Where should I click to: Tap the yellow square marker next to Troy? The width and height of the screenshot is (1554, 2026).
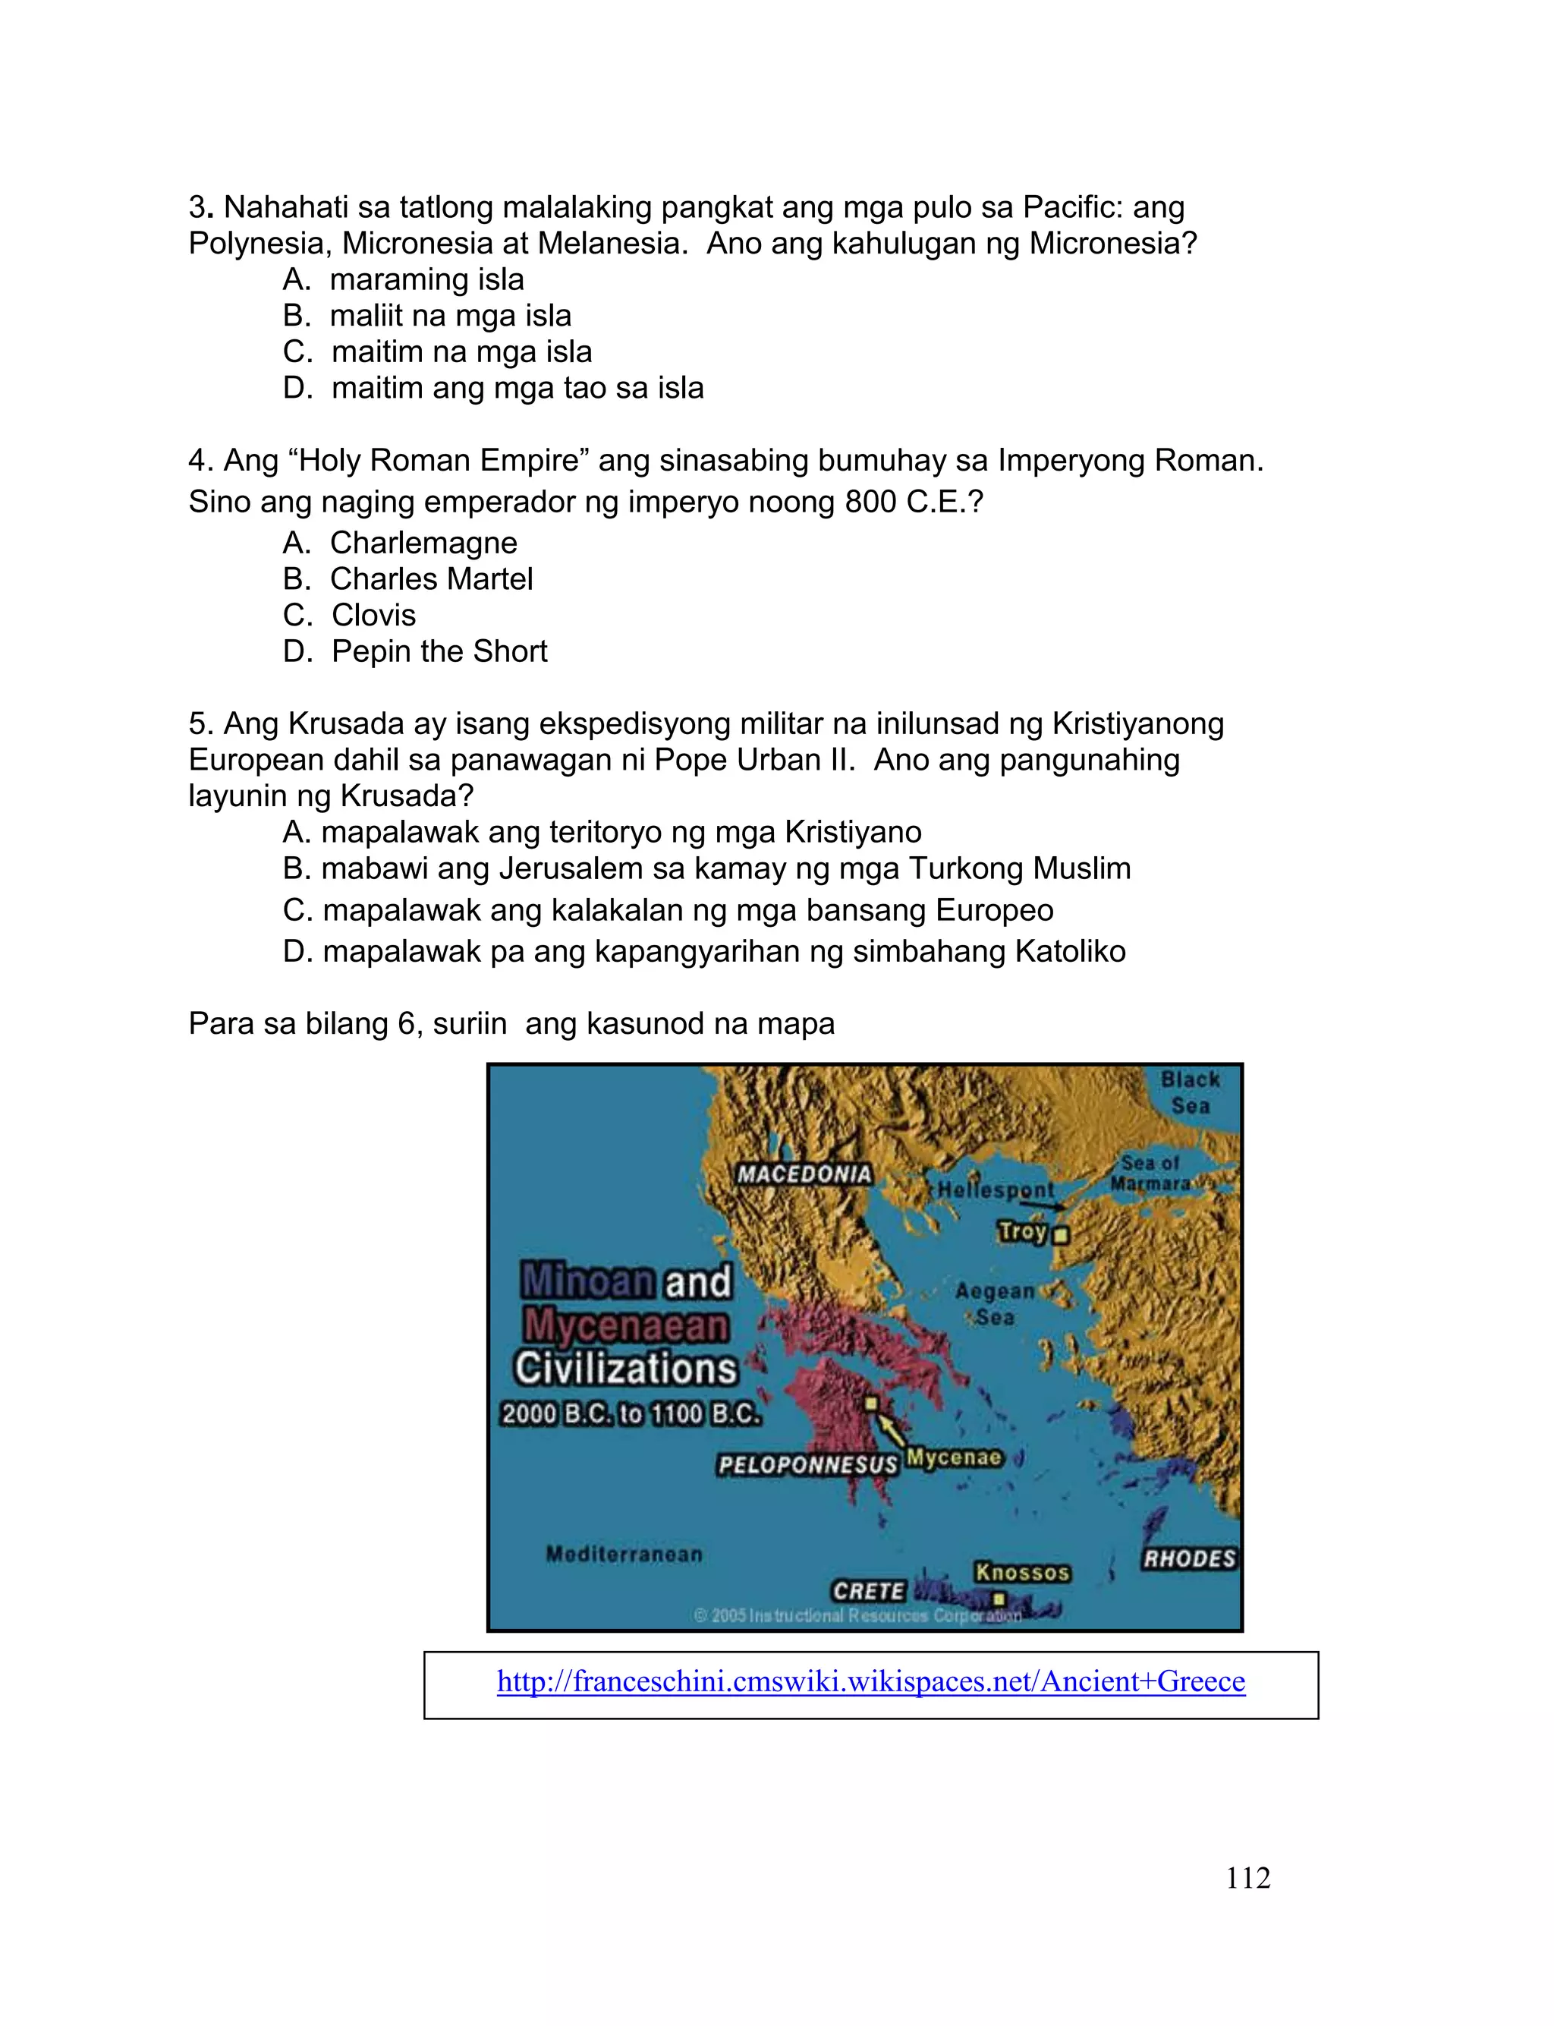pos(1061,1234)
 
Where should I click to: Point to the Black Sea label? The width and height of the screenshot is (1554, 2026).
pos(1191,1092)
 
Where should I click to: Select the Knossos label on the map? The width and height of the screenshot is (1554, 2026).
pos(1022,1572)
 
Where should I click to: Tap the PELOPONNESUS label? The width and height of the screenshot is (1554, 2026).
pos(808,1464)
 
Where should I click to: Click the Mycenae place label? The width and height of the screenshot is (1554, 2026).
pos(954,1457)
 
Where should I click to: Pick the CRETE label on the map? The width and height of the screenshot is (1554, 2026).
pos(867,1590)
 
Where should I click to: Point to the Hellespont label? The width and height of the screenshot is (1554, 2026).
pos(996,1189)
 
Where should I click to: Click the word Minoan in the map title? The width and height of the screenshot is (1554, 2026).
pos(588,1281)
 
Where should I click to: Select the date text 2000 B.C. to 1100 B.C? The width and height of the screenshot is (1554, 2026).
pos(631,1413)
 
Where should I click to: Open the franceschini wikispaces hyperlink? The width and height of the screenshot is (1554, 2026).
pos(870,1681)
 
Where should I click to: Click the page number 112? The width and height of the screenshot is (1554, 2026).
pos(1247,1878)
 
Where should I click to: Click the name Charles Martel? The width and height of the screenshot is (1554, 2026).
pos(431,579)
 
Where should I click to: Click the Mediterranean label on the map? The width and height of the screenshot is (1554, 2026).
pos(624,1554)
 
